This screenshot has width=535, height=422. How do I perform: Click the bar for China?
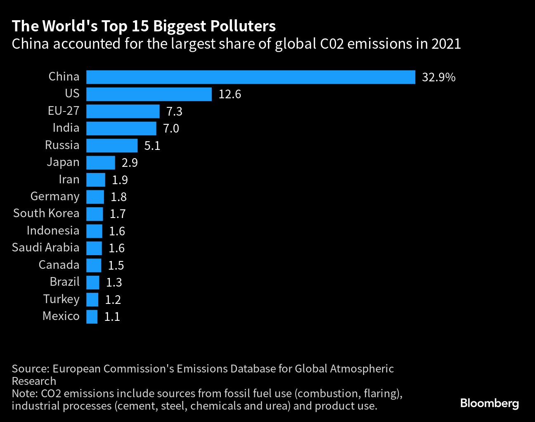[251, 77]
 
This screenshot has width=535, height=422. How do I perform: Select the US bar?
[149, 94]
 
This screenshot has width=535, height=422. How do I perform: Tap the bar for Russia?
[112, 145]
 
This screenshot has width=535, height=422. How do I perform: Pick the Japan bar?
[101, 163]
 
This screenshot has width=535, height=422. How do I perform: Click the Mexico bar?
[92, 317]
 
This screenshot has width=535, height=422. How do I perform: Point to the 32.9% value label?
[438, 78]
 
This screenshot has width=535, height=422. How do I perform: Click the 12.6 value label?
[230, 95]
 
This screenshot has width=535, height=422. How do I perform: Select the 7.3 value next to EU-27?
[174, 111]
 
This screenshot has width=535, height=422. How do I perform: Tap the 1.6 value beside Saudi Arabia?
[116, 248]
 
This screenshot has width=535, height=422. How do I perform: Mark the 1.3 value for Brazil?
[114, 282]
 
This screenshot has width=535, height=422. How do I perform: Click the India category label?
[66, 128]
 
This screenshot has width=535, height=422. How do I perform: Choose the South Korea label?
[46, 213]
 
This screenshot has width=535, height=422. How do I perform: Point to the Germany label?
[55, 197]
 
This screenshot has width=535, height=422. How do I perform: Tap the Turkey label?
[61, 299]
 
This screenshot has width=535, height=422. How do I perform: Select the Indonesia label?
[53, 231]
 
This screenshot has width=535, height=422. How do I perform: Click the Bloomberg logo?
[490, 403]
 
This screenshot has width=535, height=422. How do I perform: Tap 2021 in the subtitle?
[446, 44]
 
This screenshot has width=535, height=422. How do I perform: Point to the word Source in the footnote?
[29, 369]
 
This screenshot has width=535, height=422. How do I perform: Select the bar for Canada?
[94, 265]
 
